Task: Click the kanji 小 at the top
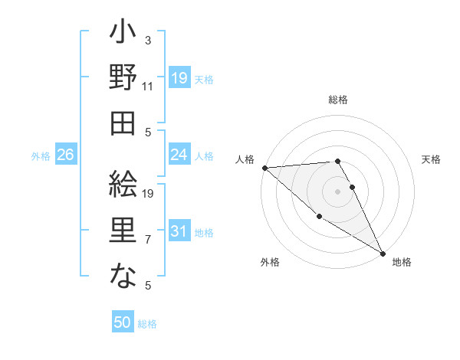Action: coord(123,34)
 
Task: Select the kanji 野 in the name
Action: coord(123,78)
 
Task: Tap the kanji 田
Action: coord(123,123)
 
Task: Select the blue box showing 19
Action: coord(179,77)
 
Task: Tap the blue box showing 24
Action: coord(179,155)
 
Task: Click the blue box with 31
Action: coord(179,231)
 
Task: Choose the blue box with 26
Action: coord(65,155)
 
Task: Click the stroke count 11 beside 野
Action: coord(148,87)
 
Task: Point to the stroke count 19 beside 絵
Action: coord(149,194)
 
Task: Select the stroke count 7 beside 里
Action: coord(148,240)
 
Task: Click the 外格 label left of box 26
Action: coord(41,155)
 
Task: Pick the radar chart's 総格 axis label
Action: coord(338,100)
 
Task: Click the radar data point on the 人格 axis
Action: coord(264,167)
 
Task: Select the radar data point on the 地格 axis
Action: coord(383,253)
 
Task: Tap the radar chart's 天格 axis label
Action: coord(432,159)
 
